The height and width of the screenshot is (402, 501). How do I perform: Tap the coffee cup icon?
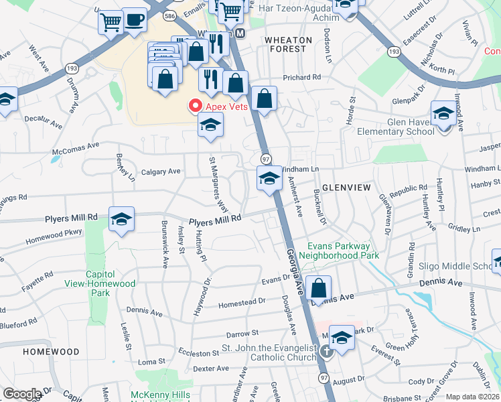(135, 19)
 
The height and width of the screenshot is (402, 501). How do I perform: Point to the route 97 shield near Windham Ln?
(266, 158)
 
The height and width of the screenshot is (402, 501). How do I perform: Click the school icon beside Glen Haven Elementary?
(443, 113)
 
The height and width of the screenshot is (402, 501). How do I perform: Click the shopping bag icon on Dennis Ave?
(320, 288)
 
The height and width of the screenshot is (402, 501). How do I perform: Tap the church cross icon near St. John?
(326, 351)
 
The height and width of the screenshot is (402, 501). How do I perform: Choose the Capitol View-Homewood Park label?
(111, 283)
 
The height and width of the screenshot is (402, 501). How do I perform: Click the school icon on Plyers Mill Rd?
(121, 218)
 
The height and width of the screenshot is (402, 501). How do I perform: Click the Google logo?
(22, 393)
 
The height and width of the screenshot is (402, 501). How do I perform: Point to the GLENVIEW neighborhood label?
(346, 188)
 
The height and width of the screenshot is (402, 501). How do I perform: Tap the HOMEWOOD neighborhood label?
(51, 351)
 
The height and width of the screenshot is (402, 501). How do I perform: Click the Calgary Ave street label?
(161, 172)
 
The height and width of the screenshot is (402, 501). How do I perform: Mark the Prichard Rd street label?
(301, 77)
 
